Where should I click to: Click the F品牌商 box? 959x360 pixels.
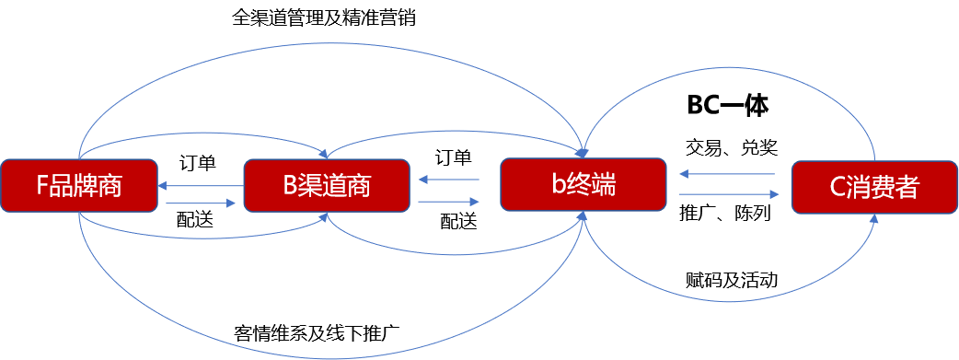pyautogui.click(x=79, y=187)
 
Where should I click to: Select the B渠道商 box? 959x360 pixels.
pyautogui.click(x=326, y=187)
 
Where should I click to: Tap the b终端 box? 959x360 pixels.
pyautogui.click(x=583, y=186)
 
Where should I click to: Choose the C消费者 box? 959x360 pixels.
pyautogui.click(x=873, y=188)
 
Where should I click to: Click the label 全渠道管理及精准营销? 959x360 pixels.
pyautogui.click(x=324, y=18)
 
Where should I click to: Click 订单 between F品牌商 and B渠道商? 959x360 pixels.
pyautogui.click(x=197, y=164)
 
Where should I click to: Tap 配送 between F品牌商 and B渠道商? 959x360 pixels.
pyautogui.click(x=197, y=219)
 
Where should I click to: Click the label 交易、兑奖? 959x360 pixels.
pyautogui.click(x=733, y=147)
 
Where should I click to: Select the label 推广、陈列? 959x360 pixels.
pyautogui.click(x=726, y=214)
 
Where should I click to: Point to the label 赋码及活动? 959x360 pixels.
pyautogui.click(x=733, y=279)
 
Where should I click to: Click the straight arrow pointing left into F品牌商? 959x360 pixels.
pyautogui.click(x=200, y=186)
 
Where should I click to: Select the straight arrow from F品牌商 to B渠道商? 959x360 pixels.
pyautogui.click(x=200, y=203)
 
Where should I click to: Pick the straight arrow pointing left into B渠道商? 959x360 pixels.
pyautogui.click(x=448, y=180)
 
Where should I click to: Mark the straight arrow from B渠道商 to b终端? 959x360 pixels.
pyautogui.click(x=448, y=202)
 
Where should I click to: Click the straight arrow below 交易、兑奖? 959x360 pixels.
pyautogui.click(x=726, y=173)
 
